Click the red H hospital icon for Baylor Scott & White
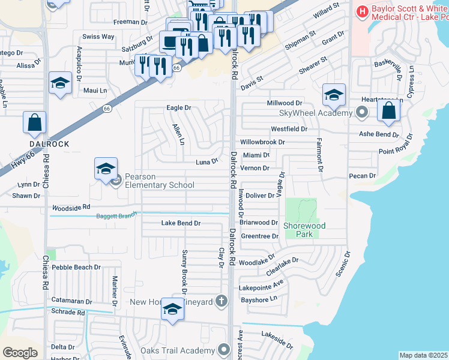coord(363,11)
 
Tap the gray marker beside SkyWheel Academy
coord(361,112)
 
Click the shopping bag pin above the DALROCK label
coord(35,122)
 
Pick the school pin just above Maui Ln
coord(60,83)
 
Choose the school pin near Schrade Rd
coord(172,310)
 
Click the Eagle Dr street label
coord(178,108)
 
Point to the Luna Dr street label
coord(206,162)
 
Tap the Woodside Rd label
coord(70,206)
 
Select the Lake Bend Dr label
coord(181,223)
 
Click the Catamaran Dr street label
coord(71,301)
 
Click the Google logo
coord(20,352)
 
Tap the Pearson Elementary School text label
coord(160,181)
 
